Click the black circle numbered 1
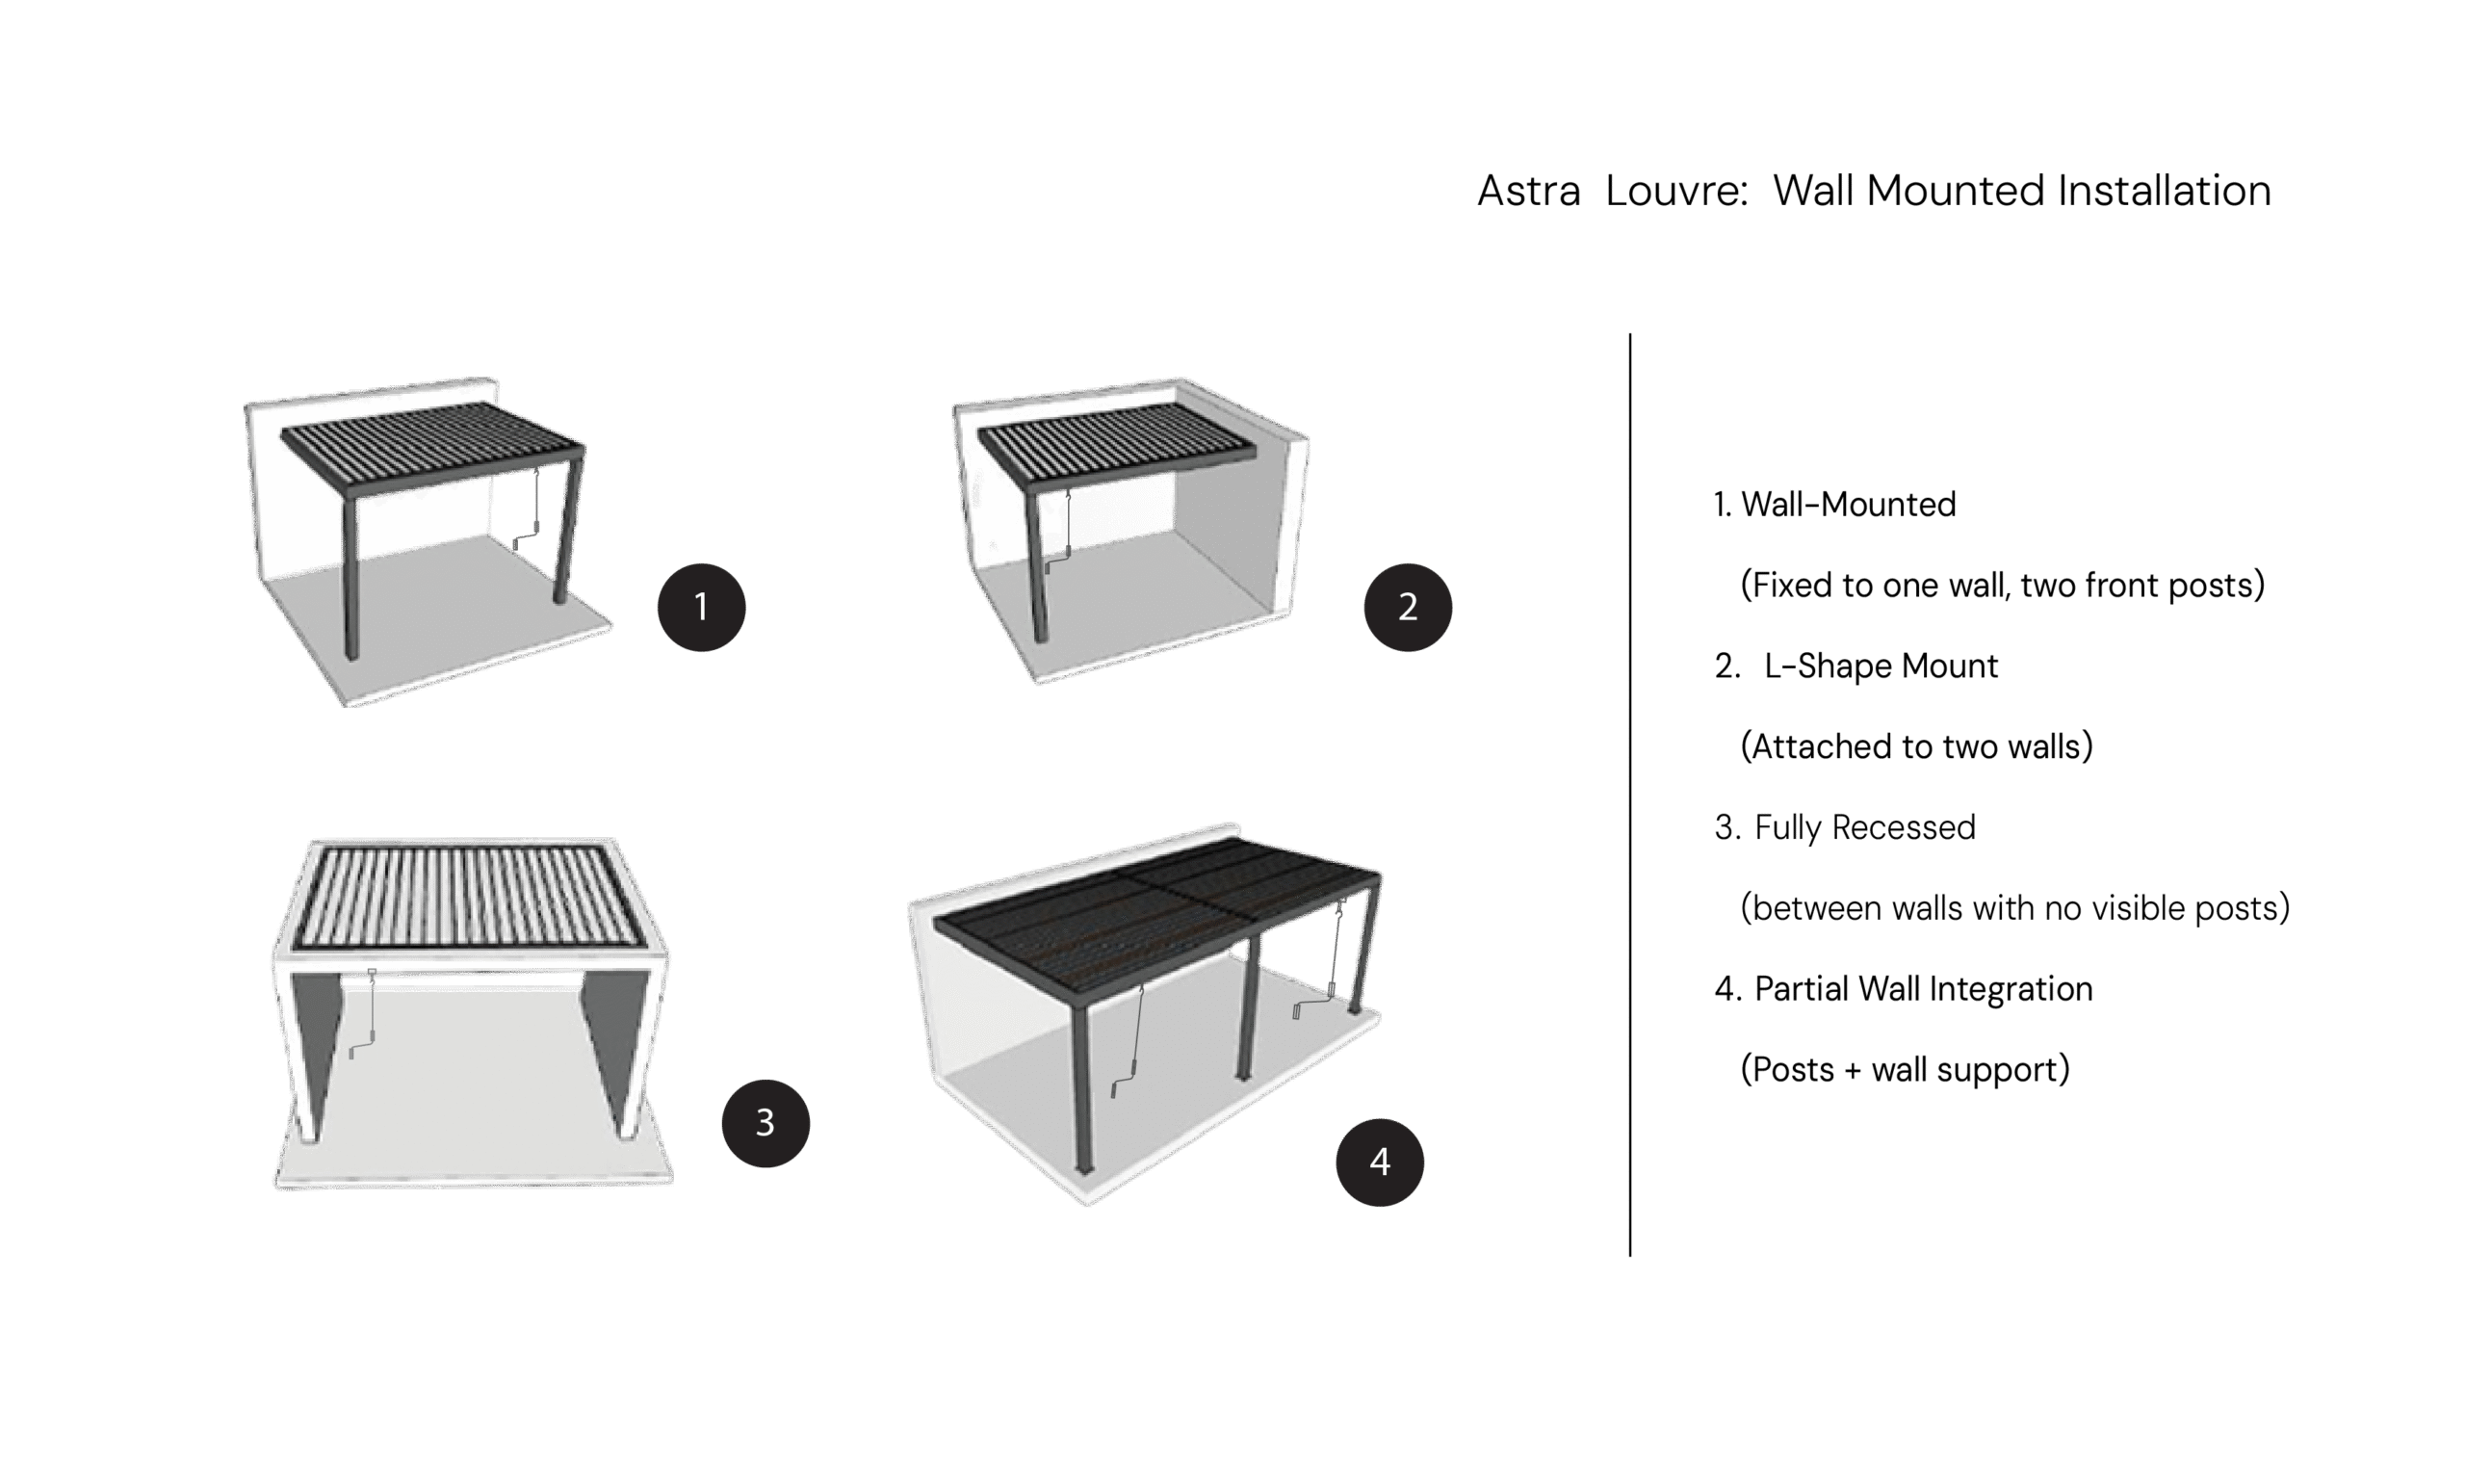pyautogui.click(x=701, y=607)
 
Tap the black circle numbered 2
pyautogui.click(x=1408, y=607)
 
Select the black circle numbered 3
pyautogui.click(x=765, y=1123)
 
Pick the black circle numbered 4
pyautogui.click(x=1379, y=1162)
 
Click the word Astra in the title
pyautogui.click(x=1529, y=192)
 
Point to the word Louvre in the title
pyautogui.click(x=1676, y=192)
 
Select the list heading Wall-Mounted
pyautogui.click(x=1848, y=505)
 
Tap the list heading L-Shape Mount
pyautogui.click(x=1881, y=666)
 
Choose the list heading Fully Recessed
pyautogui.click(x=1865, y=827)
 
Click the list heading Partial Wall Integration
pyautogui.click(x=1923, y=989)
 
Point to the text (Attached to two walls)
pyautogui.click(x=1916, y=747)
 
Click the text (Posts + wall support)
pyautogui.click(x=1905, y=1070)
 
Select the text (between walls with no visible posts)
pyautogui.click(x=2014, y=908)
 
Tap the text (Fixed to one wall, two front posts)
pyautogui.click(x=2002, y=586)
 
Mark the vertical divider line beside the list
pyautogui.click(x=1630, y=795)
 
